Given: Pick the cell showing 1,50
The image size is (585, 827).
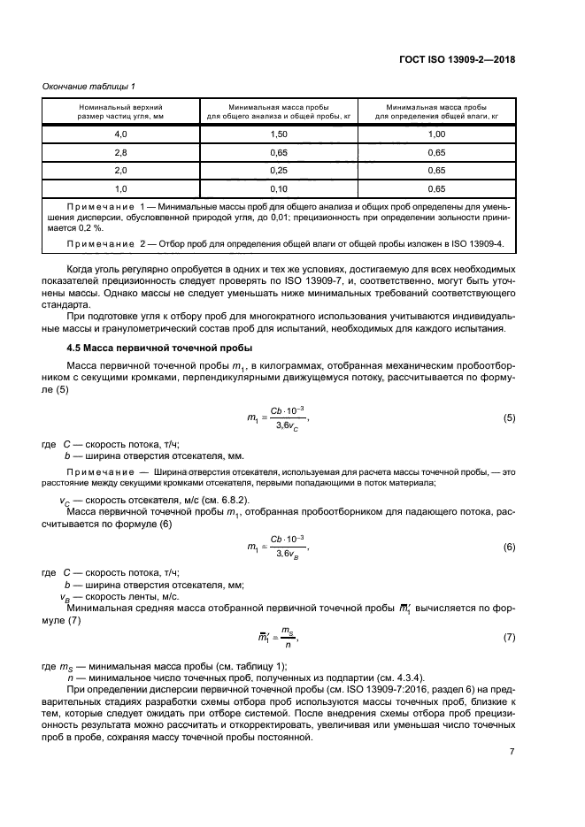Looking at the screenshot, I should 281,134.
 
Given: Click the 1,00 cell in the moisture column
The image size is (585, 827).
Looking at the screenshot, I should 435,134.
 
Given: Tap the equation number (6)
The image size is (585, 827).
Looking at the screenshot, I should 509,548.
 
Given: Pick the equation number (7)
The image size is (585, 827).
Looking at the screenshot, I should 509,637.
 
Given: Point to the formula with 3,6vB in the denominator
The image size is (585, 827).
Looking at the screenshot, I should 286,548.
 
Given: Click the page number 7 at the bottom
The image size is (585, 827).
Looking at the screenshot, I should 512,753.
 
